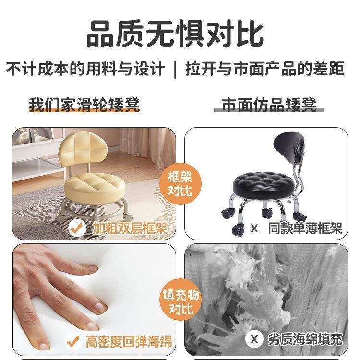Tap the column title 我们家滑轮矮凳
pyautogui.click(x=84, y=104)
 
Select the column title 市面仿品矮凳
pyautogui.click(x=269, y=104)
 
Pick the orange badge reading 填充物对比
pyautogui.click(x=180, y=301)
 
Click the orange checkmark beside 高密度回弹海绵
pyautogui.click(x=74, y=342)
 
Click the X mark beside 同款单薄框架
pyautogui.click(x=254, y=228)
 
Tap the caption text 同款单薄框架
pyautogui.click(x=305, y=228)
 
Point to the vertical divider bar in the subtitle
pyautogui.click(x=175, y=69)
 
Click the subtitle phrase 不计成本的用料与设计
pyautogui.click(x=85, y=69)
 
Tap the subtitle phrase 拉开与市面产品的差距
pyautogui.click(x=265, y=69)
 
